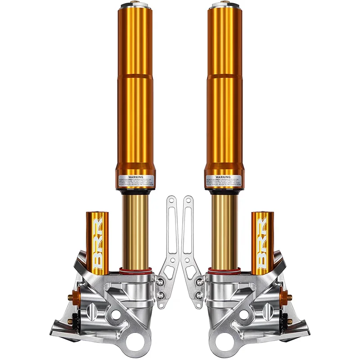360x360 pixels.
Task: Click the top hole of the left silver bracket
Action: pos(171,200)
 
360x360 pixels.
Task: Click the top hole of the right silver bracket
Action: pos(189,200)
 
